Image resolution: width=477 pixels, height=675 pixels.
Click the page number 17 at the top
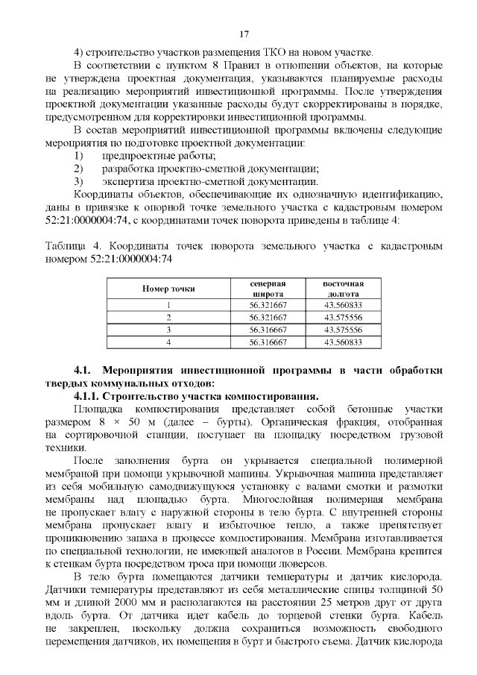(243, 35)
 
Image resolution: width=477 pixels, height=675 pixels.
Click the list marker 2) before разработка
(79, 169)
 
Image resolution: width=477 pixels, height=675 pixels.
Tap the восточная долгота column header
(343, 289)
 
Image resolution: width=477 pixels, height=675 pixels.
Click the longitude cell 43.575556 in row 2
(343, 317)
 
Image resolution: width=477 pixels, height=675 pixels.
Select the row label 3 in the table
(168, 329)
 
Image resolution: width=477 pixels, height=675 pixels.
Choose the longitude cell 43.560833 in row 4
(343, 342)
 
